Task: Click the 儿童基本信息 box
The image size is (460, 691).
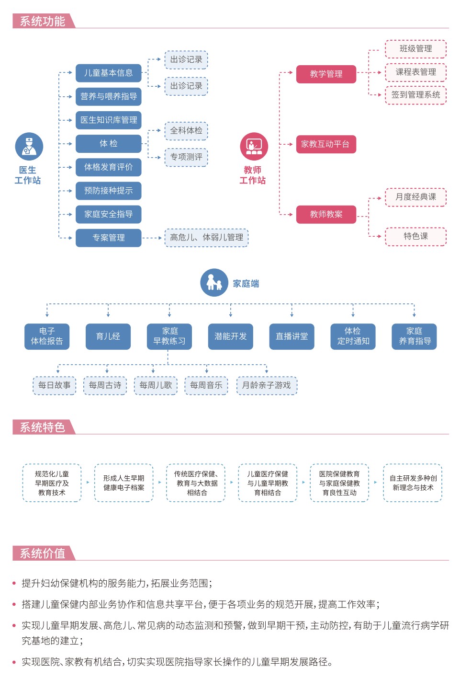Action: click(108, 73)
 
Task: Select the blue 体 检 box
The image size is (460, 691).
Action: click(108, 143)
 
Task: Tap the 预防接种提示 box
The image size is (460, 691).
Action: click(108, 190)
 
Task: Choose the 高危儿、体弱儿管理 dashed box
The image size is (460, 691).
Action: click(206, 237)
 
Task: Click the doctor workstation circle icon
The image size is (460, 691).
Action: click(29, 146)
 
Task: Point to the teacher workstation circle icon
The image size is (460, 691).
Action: click(254, 146)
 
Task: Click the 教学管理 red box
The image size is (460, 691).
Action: click(326, 74)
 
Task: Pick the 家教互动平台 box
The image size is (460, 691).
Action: click(325, 144)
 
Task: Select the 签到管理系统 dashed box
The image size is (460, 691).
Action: click(415, 95)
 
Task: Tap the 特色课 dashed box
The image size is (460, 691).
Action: click(415, 236)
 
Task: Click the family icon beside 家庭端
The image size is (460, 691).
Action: click(214, 283)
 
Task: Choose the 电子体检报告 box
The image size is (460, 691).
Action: click(47, 336)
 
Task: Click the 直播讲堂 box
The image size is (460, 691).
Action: click(292, 336)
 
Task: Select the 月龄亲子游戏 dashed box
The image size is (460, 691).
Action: click(267, 385)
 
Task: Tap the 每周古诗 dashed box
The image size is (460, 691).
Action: click(105, 385)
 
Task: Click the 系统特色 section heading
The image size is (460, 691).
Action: click(43, 427)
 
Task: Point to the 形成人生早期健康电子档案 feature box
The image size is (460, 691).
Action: click(123, 483)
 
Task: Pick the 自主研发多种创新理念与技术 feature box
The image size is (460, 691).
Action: click(413, 483)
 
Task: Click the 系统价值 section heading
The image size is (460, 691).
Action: click(43, 553)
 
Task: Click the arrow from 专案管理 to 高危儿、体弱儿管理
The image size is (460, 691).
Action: click(153, 238)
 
